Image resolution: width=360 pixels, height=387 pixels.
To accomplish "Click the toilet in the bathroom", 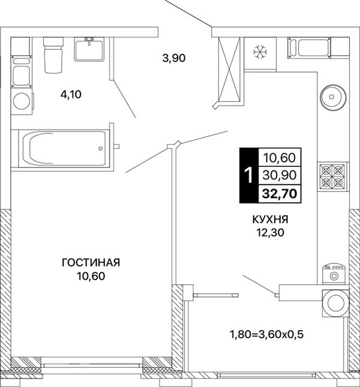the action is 53,55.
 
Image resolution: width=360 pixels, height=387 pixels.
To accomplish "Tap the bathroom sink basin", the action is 89,49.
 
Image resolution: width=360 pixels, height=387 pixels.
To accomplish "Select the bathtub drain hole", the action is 100,148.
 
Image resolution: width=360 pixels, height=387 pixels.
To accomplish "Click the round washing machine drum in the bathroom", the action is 22,101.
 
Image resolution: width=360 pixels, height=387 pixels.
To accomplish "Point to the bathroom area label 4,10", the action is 71,94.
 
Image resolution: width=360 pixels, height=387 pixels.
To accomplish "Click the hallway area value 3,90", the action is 174,58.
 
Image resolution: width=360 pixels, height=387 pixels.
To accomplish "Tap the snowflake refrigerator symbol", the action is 260,52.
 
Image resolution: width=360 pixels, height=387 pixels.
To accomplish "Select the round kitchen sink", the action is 333,97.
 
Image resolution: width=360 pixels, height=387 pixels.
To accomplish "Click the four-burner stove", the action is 332,176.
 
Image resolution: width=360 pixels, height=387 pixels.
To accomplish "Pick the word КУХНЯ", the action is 270,219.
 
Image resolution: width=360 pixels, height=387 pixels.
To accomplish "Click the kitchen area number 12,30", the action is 271,232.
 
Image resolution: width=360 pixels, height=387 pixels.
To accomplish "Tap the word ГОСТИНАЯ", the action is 91,263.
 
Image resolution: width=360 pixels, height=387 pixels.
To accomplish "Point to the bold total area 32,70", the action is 280,194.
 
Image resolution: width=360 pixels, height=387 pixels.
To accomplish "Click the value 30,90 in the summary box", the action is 280,175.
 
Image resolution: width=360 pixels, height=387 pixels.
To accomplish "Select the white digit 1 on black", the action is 249,175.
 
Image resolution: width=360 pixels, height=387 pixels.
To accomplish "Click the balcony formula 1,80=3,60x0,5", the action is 266,335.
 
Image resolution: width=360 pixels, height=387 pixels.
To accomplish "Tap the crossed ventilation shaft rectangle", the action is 229,69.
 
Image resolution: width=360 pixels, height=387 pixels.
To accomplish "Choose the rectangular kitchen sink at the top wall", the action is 309,47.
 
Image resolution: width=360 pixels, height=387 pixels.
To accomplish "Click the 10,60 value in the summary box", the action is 280,158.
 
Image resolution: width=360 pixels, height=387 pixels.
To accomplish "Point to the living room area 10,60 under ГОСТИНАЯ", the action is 91,276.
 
